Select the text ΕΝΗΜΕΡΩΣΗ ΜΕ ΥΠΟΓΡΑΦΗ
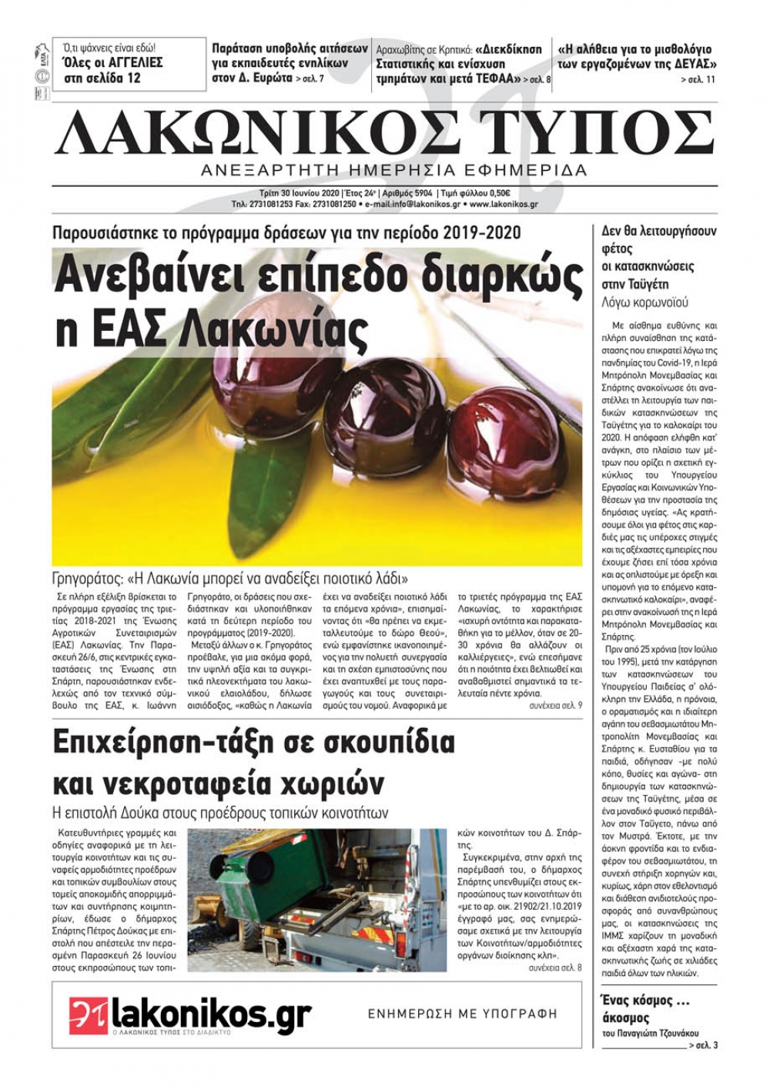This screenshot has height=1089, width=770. tap(462, 1014)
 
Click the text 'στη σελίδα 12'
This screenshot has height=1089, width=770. tap(102, 78)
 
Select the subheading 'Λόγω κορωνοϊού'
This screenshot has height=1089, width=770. tap(644, 302)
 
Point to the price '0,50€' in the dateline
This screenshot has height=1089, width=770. tap(494, 193)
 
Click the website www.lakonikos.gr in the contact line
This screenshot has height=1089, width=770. tap(504, 205)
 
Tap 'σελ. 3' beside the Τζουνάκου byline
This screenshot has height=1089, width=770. tap(705, 1045)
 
